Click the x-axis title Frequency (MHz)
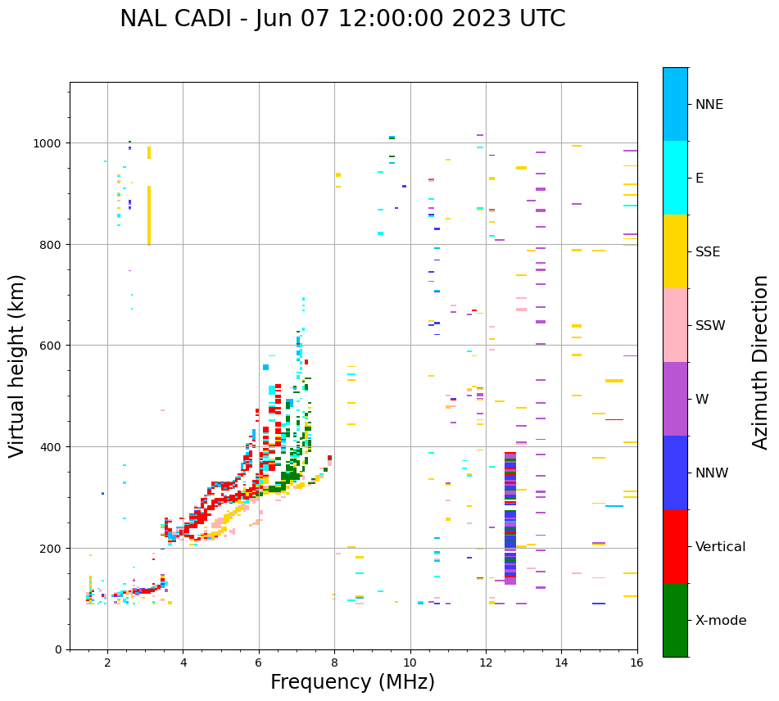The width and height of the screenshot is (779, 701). point(352,682)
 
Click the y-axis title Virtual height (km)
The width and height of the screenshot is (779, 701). point(17,365)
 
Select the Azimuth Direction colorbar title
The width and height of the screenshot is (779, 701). point(761,362)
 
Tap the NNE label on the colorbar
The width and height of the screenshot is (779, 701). point(709,104)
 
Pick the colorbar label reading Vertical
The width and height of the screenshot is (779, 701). point(720,546)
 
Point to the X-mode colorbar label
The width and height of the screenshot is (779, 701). point(721,620)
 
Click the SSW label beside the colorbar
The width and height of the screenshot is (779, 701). point(710,325)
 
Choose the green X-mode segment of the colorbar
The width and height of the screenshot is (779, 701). point(675,620)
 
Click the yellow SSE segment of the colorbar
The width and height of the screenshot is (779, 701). point(675,251)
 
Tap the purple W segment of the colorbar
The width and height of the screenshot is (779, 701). point(675,399)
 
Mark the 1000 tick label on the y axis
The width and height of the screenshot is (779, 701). point(48,143)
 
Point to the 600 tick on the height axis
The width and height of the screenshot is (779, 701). point(52,346)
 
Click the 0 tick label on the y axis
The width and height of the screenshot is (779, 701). point(58,649)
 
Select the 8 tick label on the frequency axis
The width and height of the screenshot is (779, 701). point(334,663)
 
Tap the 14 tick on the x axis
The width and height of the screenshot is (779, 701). point(561,663)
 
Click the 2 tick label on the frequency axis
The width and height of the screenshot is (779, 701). point(107,663)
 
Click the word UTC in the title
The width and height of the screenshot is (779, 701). point(543,19)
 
